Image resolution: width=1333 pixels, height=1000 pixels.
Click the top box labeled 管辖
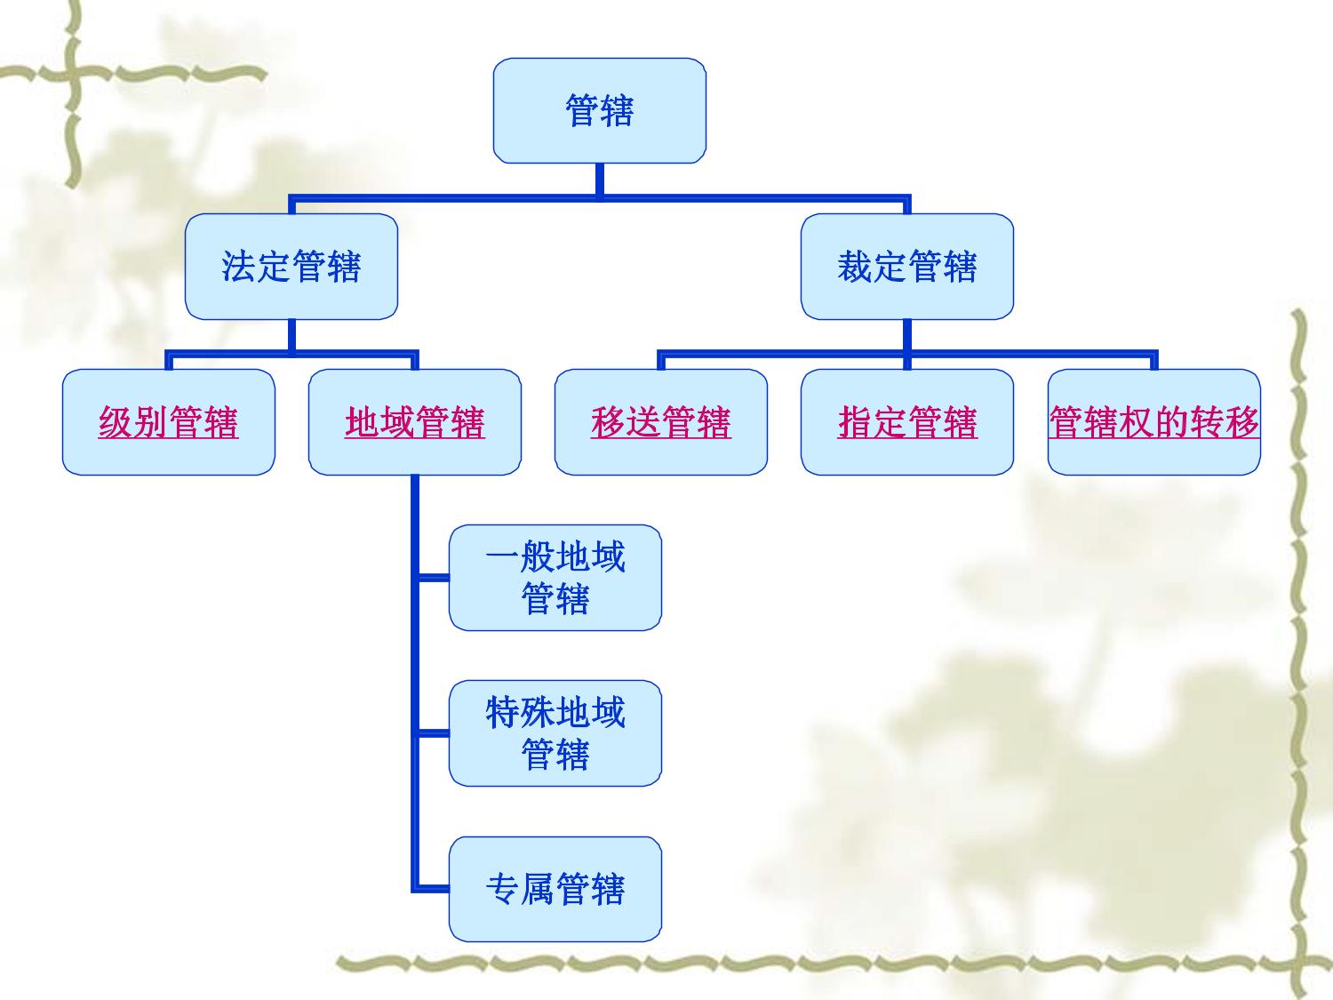click(599, 110)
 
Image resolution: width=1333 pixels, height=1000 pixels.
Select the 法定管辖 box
click(291, 267)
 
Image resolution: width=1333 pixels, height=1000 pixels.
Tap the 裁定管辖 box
click(907, 267)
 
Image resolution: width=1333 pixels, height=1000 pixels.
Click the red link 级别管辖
click(168, 422)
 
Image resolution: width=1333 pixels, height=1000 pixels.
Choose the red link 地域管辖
click(415, 422)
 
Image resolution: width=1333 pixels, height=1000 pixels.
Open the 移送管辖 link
click(661, 422)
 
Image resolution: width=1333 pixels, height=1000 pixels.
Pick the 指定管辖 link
click(907, 422)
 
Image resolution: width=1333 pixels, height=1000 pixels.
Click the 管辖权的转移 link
click(1153, 422)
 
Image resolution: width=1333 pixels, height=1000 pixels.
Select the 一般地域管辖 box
click(555, 578)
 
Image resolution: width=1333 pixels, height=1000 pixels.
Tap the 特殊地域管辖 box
click(555, 733)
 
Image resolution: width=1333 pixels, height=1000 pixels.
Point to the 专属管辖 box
click(555, 890)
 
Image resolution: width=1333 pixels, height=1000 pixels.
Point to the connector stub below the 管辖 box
click(599, 180)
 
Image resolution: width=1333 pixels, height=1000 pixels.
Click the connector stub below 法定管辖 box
click(291, 334)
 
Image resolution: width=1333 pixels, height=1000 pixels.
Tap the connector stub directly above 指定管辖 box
click(907, 360)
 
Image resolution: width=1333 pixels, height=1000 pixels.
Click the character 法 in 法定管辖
click(238, 267)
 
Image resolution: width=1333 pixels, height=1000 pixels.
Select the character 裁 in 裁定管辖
click(855, 267)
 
